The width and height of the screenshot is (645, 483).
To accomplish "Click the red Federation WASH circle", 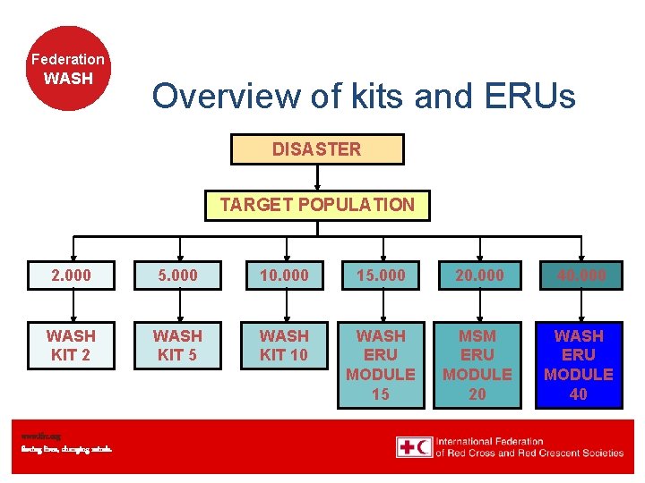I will (68, 68).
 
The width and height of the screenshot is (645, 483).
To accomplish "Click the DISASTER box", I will (317, 149).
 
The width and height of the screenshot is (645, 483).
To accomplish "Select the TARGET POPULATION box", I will (317, 205).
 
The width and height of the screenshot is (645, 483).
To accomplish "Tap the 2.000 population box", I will (71, 275).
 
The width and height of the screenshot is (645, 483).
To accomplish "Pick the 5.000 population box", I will (177, 275).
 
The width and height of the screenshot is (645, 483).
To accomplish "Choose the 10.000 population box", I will (284, 275).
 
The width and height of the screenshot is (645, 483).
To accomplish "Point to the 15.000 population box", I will (381, 275).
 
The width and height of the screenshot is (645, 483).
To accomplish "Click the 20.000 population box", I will (479, 275).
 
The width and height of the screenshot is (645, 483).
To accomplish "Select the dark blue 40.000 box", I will (580, 275).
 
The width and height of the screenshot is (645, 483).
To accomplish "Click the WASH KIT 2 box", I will (71, 345).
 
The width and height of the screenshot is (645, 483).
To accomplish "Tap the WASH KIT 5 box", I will (177, 345).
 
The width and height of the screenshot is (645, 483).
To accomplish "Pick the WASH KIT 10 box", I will (284, 345).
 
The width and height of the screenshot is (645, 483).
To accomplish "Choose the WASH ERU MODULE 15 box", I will (381, 364).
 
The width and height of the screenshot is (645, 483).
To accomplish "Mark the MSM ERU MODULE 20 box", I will (477, 364).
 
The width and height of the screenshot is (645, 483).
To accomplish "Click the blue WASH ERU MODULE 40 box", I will (579, 364).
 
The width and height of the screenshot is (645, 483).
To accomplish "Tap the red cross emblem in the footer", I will (414, 446).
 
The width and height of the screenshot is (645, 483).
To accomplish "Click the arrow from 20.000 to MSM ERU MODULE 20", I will (477, 306).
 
